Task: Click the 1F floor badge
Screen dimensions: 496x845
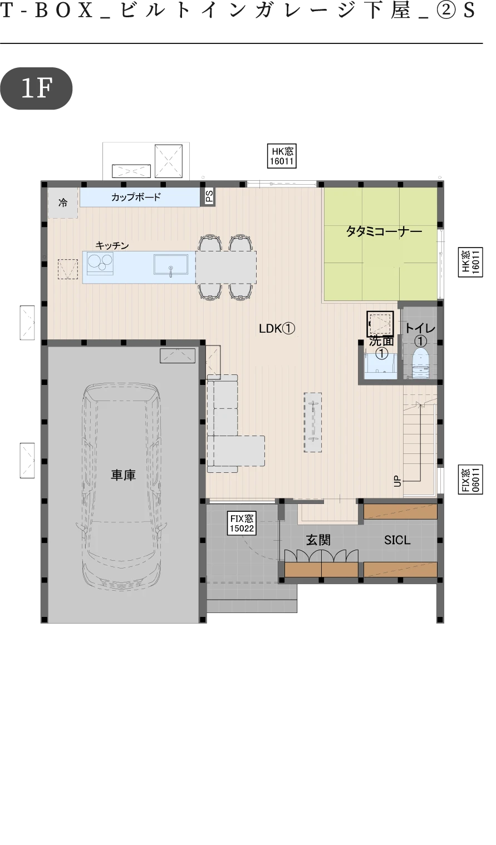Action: (36, 88)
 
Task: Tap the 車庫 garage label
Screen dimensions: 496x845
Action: (123, 475)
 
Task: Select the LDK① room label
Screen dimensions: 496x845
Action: (277, 329)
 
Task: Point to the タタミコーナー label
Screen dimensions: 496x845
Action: (384, 231)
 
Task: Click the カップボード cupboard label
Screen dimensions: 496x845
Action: (136, 197)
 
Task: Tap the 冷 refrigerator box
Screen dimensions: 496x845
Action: (63, 202)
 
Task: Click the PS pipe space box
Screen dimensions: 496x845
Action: (209, 196)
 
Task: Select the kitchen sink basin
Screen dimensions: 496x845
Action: (170, 264)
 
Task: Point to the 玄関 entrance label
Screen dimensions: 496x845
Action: (318, 540)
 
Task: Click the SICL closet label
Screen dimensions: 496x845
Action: (397, 540)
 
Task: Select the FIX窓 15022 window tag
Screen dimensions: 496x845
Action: (242, 523)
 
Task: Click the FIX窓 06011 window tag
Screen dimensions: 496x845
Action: (470, 480)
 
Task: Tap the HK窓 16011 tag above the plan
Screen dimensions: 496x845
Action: (282, 156)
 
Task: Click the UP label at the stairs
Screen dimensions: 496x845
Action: (397, 481)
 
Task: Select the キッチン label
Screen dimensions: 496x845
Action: (112, 245)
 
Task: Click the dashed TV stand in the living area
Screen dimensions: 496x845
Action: (313, 422)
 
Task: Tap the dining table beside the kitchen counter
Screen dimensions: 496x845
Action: (225, 267)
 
